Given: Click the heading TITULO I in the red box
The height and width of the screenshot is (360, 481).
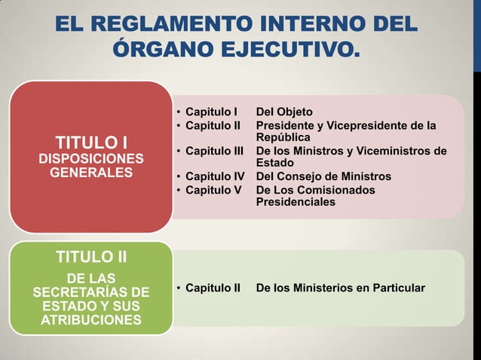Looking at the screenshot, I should (91, 142).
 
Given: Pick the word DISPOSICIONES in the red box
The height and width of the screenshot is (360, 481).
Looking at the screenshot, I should (91, 159).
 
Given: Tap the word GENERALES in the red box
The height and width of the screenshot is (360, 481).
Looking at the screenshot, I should (91, 172).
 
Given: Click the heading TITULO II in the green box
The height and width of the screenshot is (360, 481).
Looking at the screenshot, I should (91, 258).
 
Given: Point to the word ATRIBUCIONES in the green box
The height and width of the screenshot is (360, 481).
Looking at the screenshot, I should (91, 320).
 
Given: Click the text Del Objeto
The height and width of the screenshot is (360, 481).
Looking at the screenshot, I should (284, 111).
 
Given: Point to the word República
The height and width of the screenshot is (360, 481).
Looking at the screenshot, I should (283, 138).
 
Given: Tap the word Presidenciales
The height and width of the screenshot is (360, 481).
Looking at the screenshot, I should (296, 202).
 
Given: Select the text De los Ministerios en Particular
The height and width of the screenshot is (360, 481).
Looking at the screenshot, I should (341, 288).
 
